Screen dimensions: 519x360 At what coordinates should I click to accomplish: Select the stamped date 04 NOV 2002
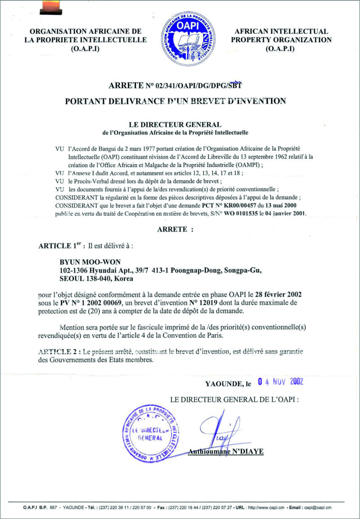pyautogui.click(x=280, y=382)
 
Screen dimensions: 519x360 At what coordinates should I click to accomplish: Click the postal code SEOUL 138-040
pyautogui.click(x=96, y=278)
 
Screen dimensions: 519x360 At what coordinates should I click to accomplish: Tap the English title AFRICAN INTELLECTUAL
pyautogui.click(x=281, y=31)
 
